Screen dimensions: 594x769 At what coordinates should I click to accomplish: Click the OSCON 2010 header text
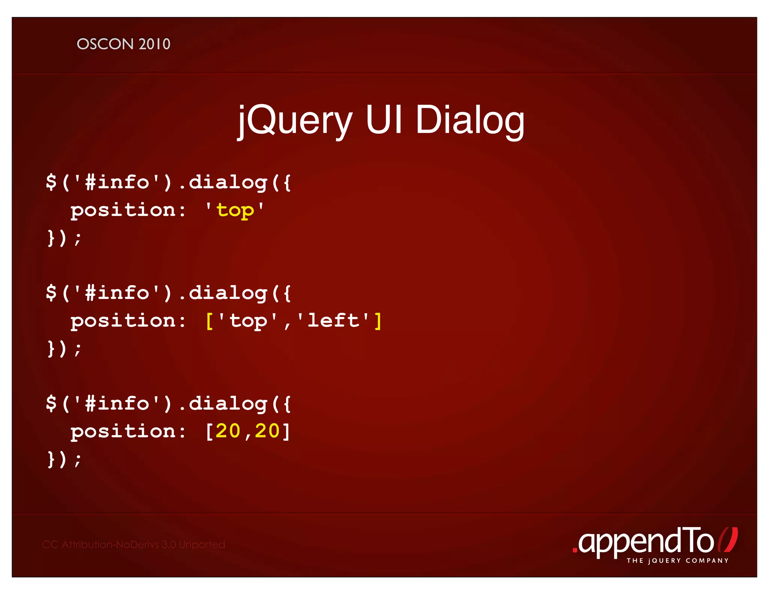coord(124,44)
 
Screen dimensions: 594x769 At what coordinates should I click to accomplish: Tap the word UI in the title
coord(384,119)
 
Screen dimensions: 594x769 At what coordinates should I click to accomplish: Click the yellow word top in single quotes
coord(235,211)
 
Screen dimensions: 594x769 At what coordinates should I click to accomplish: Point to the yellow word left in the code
coord(333,321)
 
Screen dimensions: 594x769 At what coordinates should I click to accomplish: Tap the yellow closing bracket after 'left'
coord(378,321)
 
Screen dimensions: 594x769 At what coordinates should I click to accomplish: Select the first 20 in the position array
coord(228,431)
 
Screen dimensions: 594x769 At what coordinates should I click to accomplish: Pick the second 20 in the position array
coord(267,431)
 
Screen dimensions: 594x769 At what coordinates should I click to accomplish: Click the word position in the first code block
coord(123,211)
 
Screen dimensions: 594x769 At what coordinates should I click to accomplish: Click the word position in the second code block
coord(123,321)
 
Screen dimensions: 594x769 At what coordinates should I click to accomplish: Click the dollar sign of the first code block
coord(51,182)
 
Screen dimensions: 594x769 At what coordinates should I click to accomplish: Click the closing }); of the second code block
coord(64,349)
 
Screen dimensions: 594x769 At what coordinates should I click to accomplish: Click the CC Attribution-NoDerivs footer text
coord(134,544)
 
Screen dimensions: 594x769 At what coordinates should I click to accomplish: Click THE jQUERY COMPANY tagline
coord(677,561)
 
